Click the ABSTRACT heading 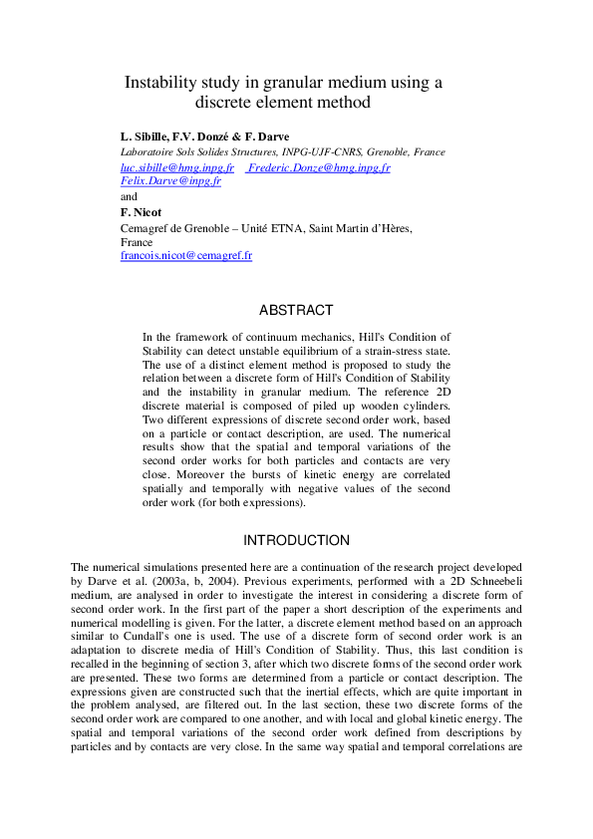click(x=296, y=311)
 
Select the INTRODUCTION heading click(x=296, y=540)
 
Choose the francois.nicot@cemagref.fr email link click(x=185, y=255)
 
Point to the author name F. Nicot click(x=141, y=212)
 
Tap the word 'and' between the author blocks click(x=129, y=196)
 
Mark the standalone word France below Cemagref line click(x=137, y=242)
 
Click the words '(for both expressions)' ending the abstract click(x=248, y=504)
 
